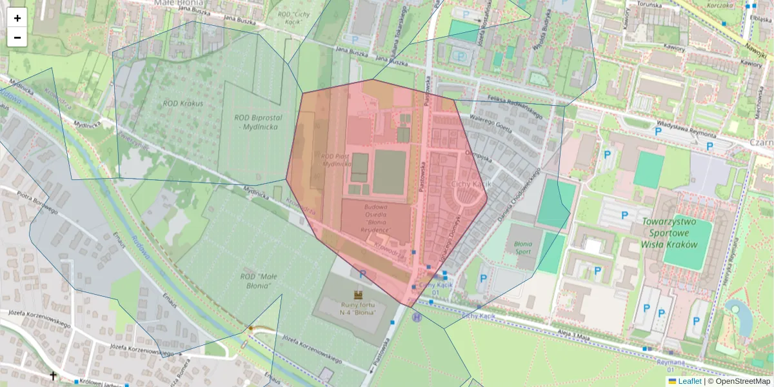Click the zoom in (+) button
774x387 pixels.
point(17,18)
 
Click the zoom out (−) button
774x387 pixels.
point(17,37)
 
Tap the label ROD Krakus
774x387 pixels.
point(183,103)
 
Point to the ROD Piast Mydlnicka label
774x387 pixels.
point(335,160)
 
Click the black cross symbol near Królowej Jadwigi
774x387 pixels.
point(53,375)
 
